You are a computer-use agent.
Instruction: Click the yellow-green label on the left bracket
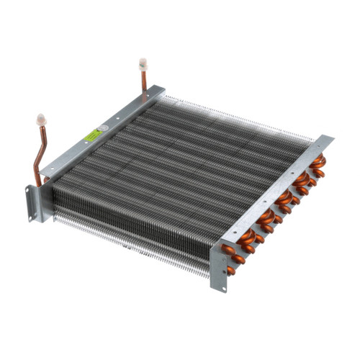pos(92,135)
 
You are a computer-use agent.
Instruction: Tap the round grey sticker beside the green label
pos(103,130)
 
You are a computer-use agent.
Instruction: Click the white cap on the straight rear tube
pos(143,63)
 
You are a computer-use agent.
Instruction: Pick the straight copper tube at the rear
pos(144,79)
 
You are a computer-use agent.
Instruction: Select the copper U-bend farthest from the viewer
pos(317,166)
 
